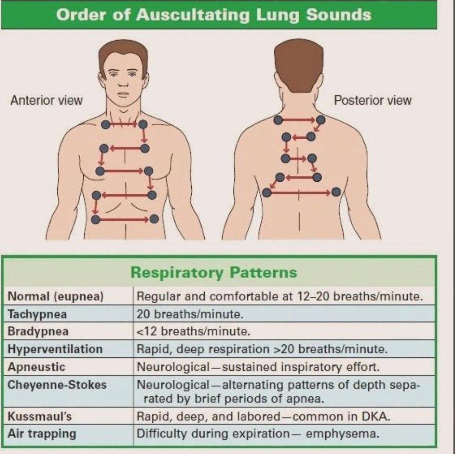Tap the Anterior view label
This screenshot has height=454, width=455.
46,101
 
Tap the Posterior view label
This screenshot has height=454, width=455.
373,101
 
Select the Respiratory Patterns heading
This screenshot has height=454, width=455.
214,273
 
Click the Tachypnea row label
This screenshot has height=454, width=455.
37,314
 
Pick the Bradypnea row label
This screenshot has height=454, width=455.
38,332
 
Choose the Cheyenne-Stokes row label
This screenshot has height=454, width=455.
57,385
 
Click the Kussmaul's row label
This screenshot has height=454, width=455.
40,417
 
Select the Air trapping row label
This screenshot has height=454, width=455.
42,434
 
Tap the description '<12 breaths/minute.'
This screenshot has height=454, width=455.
193,332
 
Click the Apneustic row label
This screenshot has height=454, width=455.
36,367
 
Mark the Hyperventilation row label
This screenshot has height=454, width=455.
55,349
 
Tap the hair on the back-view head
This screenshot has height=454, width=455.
298,65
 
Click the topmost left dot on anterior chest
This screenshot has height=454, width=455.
105,125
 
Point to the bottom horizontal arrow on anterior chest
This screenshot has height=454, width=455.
125,219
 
